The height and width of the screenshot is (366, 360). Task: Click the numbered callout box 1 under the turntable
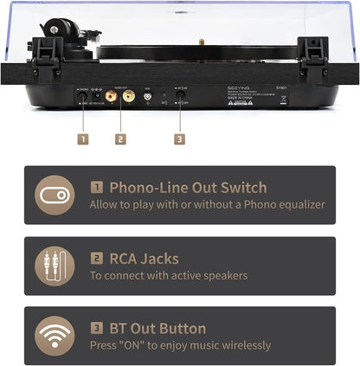tap(82, 138)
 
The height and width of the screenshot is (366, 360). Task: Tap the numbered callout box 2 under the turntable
tap(120, 138)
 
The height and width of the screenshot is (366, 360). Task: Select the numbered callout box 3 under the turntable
tap(179, 138)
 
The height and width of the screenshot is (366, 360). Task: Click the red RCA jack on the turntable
tap(112, 98)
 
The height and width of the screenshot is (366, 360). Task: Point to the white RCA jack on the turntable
tap(129, 98)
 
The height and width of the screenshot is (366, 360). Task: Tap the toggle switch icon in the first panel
tap(55, 195)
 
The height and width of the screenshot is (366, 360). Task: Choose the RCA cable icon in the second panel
tap(55, 266)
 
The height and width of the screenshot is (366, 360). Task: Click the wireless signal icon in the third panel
tap(55, 336)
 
